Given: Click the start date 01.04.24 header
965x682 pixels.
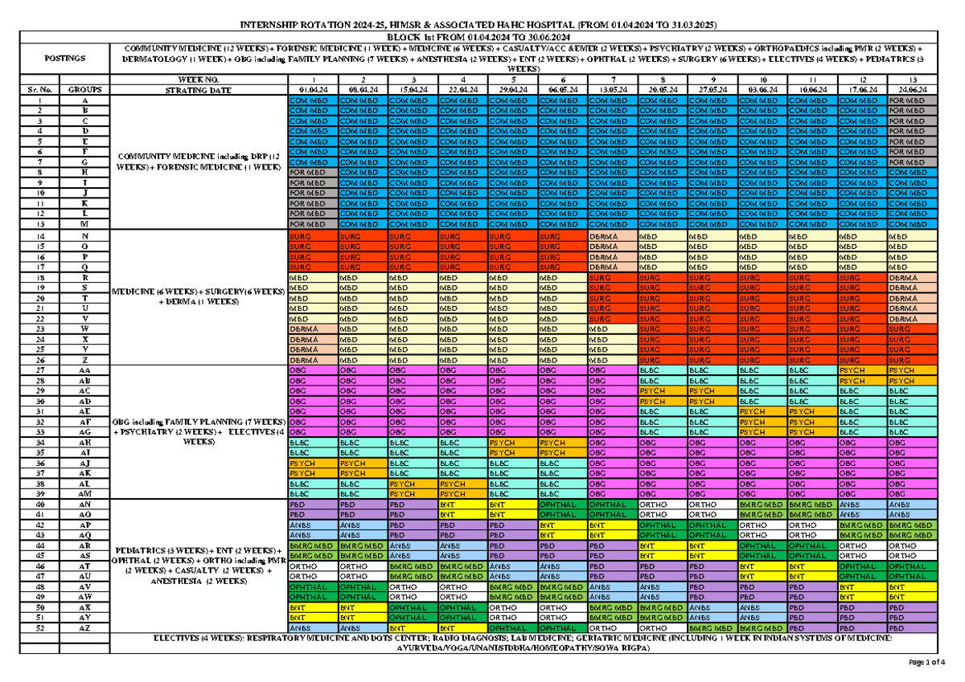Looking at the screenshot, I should tap(311, 90).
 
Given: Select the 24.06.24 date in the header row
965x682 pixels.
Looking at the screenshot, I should tap(912, 90).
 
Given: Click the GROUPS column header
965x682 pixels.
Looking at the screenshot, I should tap(84, 90).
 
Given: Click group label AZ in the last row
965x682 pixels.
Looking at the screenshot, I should tap(84, 628).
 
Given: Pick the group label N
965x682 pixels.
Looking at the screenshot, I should tap(84, 236).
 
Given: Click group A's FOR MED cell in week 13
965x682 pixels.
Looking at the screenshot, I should tap(912, 100).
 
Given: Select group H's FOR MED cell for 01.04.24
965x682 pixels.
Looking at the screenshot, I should tap(311, 173).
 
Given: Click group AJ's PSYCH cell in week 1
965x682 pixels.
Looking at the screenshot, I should tap(311, 463).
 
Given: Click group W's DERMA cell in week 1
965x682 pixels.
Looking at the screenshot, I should tap(311, 329).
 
